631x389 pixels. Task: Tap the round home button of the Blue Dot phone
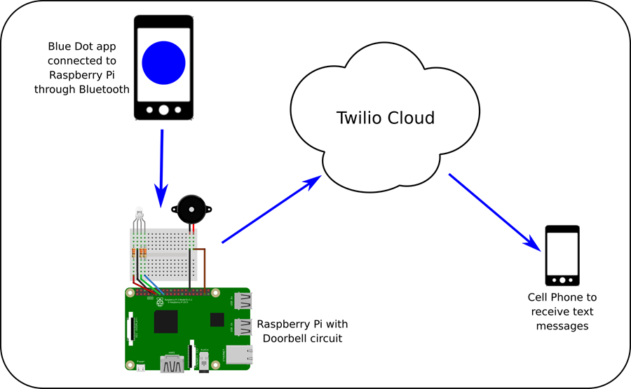(163, 109)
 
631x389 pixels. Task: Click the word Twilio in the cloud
(358, 117)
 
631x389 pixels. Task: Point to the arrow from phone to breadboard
(162, 165)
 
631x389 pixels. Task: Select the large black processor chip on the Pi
(168, 321)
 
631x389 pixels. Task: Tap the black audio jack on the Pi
(204, 362)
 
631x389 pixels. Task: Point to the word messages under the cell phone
(562, 326)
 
